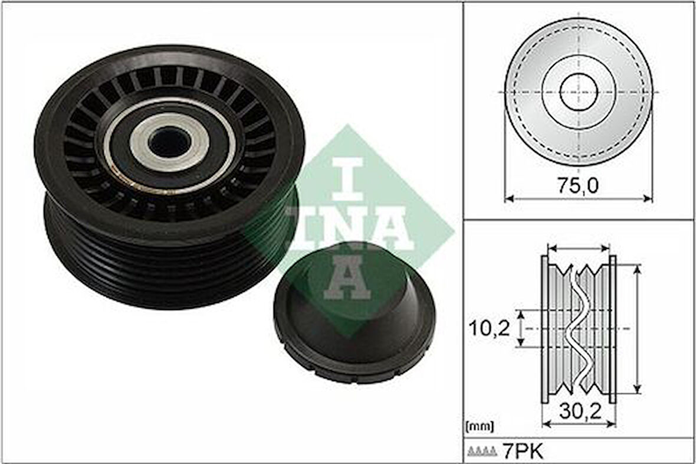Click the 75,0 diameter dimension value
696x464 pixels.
(578, 186)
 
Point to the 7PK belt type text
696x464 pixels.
(522, 452)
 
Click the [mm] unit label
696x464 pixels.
(480, 426)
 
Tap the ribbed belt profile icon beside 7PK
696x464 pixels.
(482, 453)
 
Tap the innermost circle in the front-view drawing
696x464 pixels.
(579, 93)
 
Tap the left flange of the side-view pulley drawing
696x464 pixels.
(545, 329)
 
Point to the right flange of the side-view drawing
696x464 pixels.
(612, 329)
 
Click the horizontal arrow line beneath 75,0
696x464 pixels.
(578, 199)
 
